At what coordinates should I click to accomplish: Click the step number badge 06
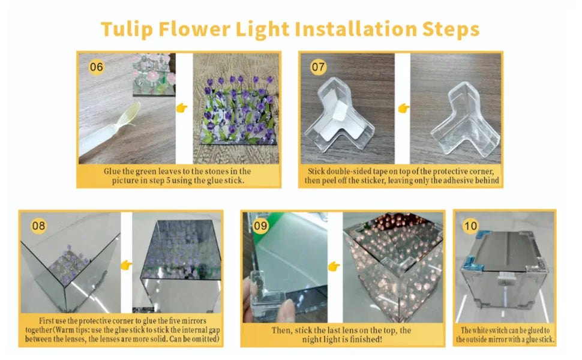(96, 67)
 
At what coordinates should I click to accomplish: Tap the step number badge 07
(319, 67)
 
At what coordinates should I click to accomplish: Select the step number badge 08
(38, 226)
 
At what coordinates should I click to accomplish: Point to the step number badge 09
(260, 226)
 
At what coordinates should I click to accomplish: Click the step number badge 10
(471, 226)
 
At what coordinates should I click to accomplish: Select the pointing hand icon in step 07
(404, 109)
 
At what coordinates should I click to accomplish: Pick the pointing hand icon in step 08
(126, 265)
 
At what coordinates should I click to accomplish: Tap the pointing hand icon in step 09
(334, 265)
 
